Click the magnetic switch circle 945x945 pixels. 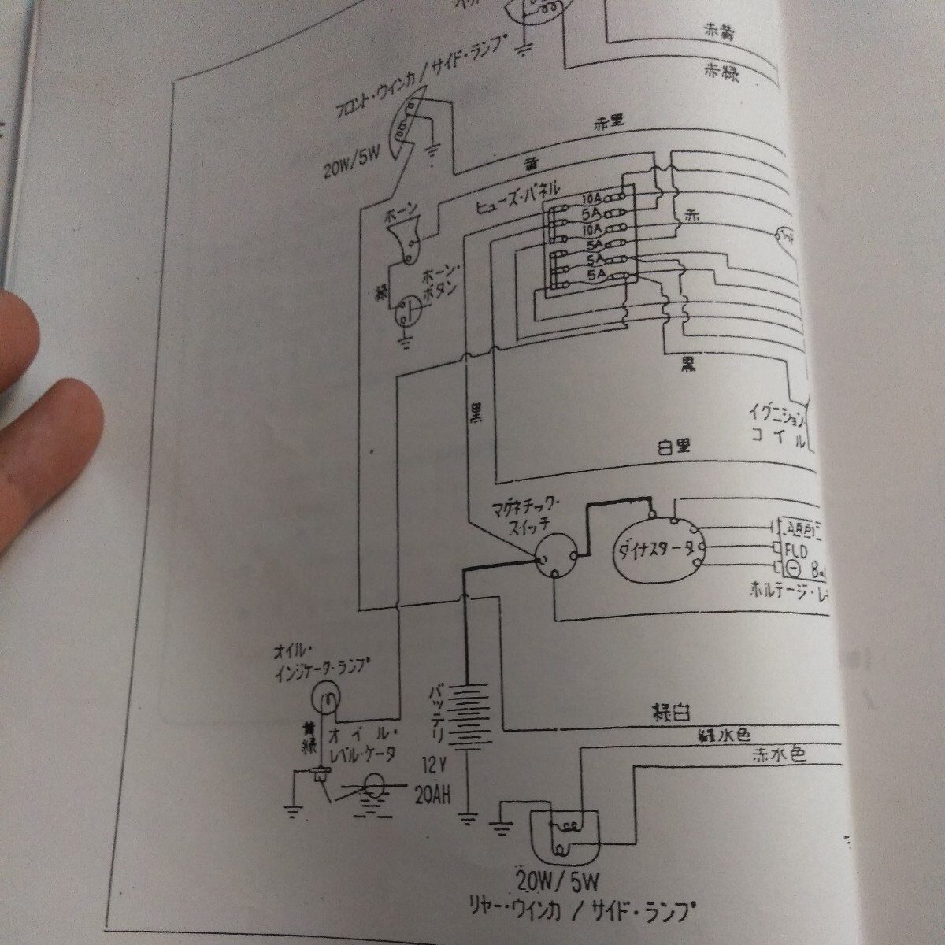tap(558, 554)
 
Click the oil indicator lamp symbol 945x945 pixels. tap(326, 695)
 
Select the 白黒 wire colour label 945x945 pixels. tap(674, 447)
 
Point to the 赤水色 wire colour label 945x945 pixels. tap(779, 754)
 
